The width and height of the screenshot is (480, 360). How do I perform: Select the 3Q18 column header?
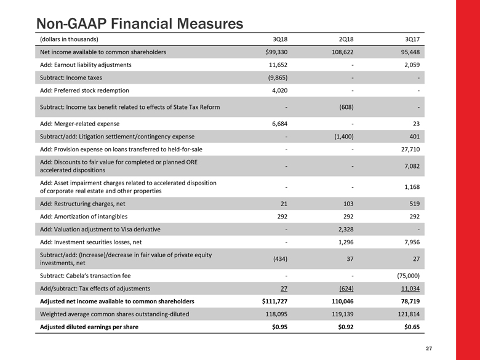click(279, 39)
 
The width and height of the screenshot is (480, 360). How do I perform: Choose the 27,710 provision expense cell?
click(409, 149)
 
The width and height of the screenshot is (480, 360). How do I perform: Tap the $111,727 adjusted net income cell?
click(271, 302)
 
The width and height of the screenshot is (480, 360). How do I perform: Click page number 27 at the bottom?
click(429, 349)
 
